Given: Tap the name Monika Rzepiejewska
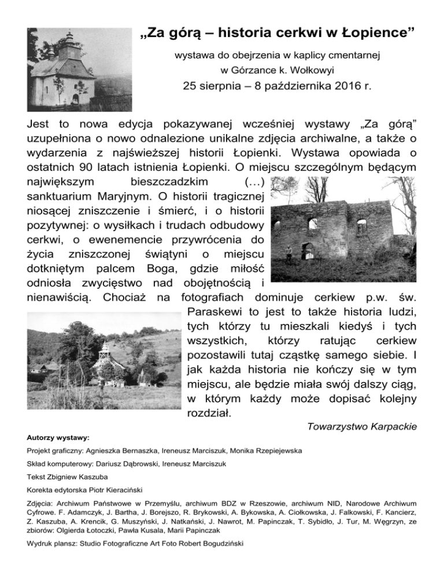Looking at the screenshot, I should pos(264,451).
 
